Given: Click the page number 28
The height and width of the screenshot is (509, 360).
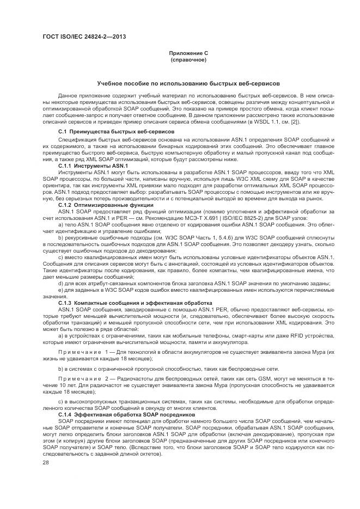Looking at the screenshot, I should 45,463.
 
